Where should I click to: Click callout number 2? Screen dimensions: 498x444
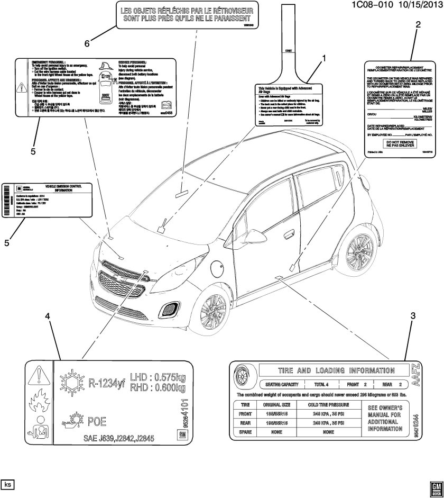(418, 25)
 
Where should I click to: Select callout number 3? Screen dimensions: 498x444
(412, 316)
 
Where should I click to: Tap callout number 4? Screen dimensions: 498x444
(47, 316)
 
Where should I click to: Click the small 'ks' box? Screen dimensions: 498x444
(8, 484)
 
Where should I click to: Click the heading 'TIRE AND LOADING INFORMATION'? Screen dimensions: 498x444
(328, 370)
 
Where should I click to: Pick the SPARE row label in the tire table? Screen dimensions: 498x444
(245, 432)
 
